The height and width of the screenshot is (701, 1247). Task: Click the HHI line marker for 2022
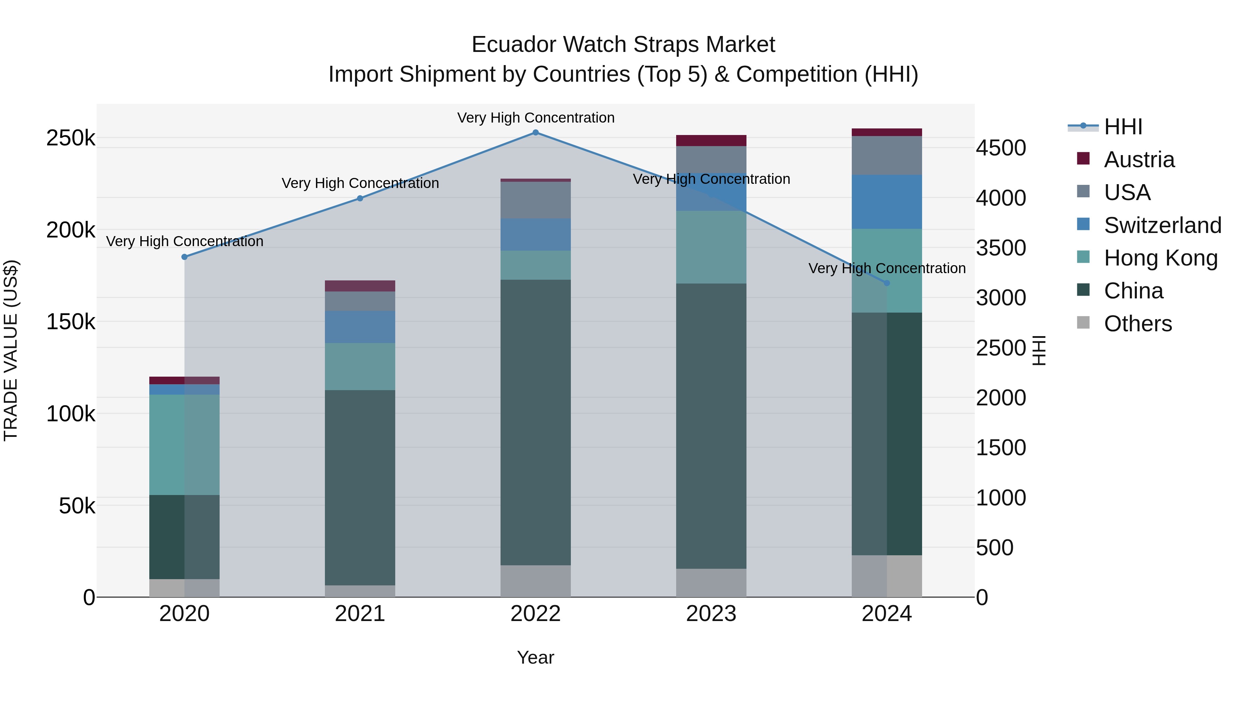coord(536,133)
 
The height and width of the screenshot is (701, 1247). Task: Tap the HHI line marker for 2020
coord(184,257)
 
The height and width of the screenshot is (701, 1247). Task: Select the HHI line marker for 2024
coord(887,283)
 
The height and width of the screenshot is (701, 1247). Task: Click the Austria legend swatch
coord(1083,159)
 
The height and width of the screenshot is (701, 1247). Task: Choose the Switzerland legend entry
coord(1162,225)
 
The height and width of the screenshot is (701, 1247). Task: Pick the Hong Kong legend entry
coord(1160,258)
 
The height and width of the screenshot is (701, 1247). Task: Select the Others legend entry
coord(1138,324)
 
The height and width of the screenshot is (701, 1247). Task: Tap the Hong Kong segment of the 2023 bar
coord(711,247)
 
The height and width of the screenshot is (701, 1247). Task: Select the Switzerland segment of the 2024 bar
coord(887,202)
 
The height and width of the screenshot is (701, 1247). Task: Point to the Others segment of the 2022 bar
coord(536,581)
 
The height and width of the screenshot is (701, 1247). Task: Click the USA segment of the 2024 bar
coord(887,155)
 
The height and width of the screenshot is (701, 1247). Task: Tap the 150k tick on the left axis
coord(71,322)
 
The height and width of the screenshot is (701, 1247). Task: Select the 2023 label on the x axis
coord(711,614)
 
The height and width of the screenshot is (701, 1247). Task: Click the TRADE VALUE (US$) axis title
coord(11,350)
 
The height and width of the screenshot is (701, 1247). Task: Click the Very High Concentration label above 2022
coord(536,118)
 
